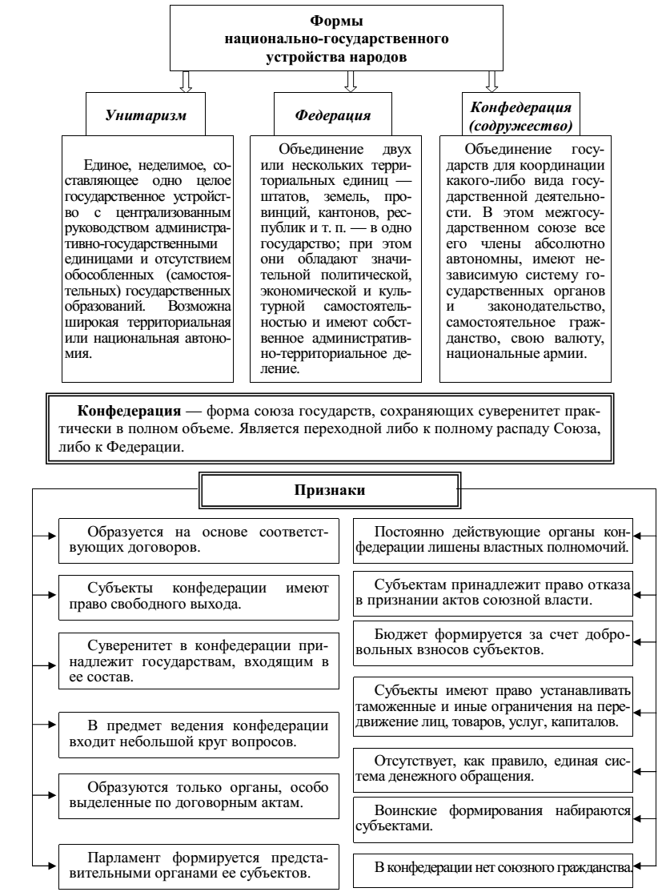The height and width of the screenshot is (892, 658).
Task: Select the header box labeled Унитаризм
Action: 146,114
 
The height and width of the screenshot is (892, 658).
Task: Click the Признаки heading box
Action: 328,491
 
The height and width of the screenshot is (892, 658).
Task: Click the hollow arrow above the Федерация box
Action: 350,81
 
